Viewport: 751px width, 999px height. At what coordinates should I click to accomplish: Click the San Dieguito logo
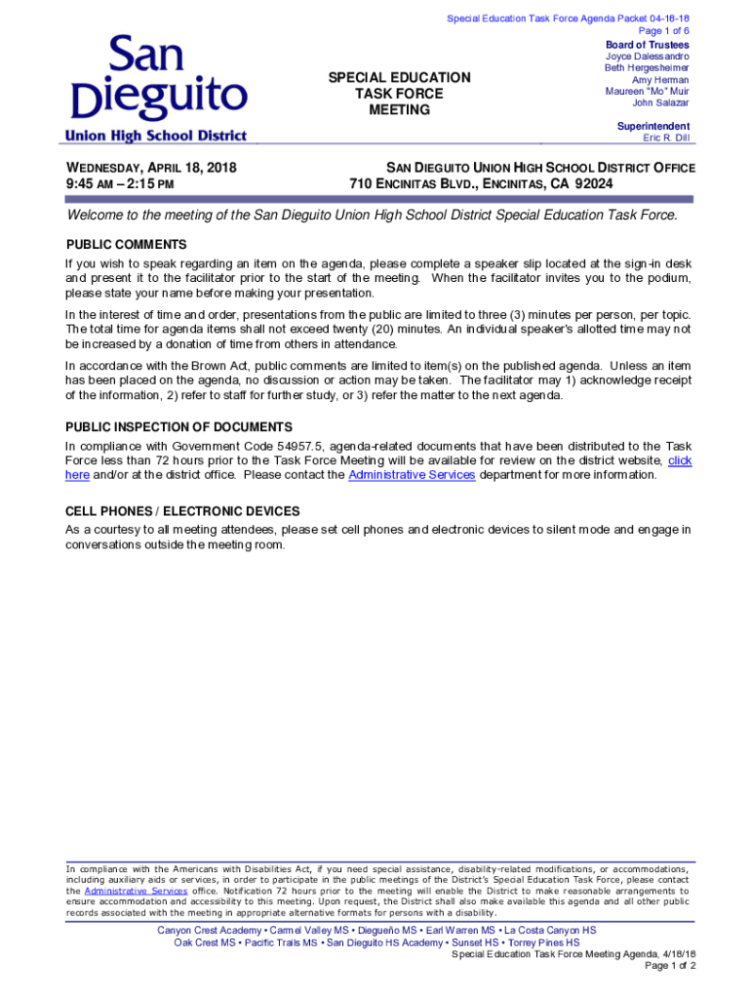click(157, 89)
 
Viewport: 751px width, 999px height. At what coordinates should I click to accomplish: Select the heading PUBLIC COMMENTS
click(126, 244)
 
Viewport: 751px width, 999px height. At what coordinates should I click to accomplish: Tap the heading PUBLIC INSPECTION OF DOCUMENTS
click(178, 427)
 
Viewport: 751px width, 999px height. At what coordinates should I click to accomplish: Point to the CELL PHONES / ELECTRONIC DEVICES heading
click(182, 511)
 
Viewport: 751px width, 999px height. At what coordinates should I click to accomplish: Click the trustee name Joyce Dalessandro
click(647, 57)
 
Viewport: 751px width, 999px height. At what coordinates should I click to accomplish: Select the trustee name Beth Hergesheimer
click(646, 68)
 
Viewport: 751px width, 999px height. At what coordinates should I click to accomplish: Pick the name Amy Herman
click(659, 80)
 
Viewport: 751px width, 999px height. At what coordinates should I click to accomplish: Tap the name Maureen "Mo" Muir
click(647, 92)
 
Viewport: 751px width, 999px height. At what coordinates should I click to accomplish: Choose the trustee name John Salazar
click(659, 103)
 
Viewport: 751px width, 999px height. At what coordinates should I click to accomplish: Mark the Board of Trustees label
click(647, 45)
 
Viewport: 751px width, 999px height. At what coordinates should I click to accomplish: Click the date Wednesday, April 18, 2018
click(151, 168)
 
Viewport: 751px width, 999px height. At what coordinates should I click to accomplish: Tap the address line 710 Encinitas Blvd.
click(481, 183)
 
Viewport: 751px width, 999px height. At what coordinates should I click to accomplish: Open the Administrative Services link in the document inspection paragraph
click(412, 475)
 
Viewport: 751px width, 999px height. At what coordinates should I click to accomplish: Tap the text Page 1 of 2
click(670, 966)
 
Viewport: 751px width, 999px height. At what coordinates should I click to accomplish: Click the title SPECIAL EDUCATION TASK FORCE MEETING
click(399, 94)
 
